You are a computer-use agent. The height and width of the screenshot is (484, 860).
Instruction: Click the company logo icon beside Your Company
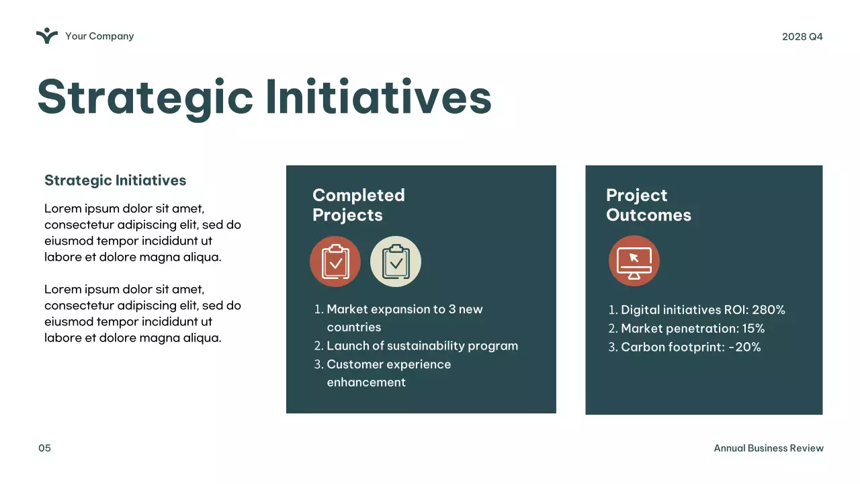click(47, 36)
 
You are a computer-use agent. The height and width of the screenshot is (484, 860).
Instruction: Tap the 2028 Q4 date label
click(802, 36)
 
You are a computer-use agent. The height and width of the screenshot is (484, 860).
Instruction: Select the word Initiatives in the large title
click(379, 98)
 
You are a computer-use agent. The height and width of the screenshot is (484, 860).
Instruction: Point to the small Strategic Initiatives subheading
click(115, 180)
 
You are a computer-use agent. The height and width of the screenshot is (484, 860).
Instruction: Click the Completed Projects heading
click(358, 205)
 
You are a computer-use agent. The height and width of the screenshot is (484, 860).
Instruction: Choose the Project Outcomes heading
click(648, 205)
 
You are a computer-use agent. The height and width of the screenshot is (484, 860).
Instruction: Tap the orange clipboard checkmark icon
click(335, 261)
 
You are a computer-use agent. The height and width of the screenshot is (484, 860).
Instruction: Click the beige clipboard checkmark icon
click(396, 261)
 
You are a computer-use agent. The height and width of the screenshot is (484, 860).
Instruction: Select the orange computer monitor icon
click(634, 261)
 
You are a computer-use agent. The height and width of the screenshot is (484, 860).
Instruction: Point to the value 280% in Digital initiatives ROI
click(769, 310)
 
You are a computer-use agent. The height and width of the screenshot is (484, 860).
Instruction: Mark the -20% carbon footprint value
click(744, 348)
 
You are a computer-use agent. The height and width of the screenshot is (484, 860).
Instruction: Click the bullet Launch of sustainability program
click(422, 346)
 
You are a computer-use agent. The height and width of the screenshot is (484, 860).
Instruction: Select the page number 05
click(44, 448)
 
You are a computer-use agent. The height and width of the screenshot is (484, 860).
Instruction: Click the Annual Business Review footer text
click(768, 448)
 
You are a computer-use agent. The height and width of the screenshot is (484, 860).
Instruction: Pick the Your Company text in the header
click(99, 36)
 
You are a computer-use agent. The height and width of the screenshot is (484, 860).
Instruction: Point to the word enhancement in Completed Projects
click(366, 382)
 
